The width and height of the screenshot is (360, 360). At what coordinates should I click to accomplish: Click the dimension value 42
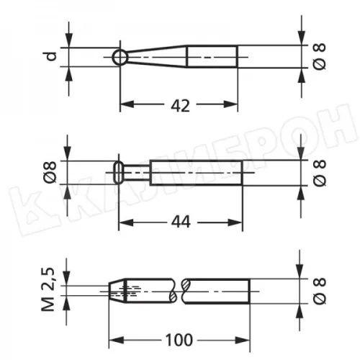(x=180, y=105)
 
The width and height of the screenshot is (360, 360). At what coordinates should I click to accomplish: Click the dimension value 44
(x=181, y=222)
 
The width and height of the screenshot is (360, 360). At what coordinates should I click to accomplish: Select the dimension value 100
(x=179, y=340)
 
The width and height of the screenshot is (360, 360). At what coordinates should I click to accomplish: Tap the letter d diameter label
(x=51, y=56)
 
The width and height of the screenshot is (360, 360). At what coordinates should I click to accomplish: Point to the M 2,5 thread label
(x=48, y=289)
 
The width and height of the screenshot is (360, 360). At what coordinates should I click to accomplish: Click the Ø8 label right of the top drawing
(x=320, y=57)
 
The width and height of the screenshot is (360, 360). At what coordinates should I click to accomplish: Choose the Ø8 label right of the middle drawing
(x=320, y=173)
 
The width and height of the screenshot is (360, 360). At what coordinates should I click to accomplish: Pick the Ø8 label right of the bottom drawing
(x=320, y=291)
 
